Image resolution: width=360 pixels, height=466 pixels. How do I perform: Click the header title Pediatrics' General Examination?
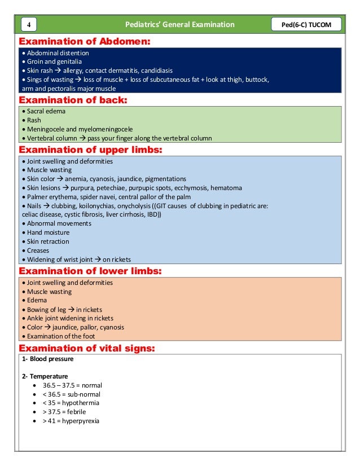180,24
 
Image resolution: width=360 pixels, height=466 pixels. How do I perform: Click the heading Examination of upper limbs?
91,150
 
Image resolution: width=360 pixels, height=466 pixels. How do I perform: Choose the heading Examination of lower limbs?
90,271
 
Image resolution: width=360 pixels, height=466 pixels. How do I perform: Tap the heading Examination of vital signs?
87,348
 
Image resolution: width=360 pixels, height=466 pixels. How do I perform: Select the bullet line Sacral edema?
45,111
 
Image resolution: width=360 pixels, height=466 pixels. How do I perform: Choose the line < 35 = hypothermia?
71,403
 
